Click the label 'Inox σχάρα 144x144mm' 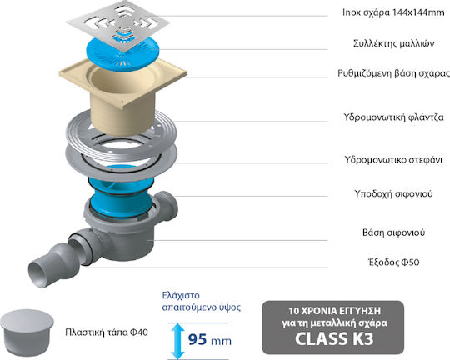[x=393, y=12]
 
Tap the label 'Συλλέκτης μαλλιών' [x=393, y=43]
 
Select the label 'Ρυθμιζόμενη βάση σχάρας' [x=393, y=73]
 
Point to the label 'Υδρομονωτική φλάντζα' [x=393, y=117]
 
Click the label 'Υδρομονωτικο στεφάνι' [x=393, y=159]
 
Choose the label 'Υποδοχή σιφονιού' [x=393, y=193]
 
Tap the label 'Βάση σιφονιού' [x=393, y=232]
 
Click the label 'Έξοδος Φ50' [x=393, y=262]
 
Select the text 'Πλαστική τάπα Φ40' [x=107, y=332]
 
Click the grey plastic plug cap [x=27, y=332]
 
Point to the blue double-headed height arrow [x=178, y=341]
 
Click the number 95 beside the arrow [x=197, y=339]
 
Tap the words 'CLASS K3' [x=334, y=338]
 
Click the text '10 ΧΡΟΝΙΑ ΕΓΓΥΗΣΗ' [x=335, y=311]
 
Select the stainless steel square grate [x=118, y=25]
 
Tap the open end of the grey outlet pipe [x=38, y=272]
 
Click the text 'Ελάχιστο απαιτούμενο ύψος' [x=201, y=301]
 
